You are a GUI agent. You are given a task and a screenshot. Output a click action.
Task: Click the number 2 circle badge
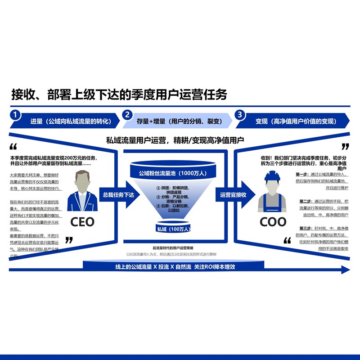click(x=128, y=115)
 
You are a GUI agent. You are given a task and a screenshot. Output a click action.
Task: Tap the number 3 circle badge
click(x=239, y=115)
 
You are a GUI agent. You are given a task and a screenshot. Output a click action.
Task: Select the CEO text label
click(x=82, y=221)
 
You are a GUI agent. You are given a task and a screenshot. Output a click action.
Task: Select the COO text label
click(x=273, y=221)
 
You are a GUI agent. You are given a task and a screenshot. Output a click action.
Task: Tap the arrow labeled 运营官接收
click(x=234, y=195)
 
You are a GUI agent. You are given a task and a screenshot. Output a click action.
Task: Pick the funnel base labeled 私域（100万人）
click(x=173, y=229)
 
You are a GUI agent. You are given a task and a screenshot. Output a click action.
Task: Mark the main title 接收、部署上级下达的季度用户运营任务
click(x=119, y=94)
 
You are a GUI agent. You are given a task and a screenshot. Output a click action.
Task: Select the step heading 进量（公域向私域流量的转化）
click(x=70, y=121)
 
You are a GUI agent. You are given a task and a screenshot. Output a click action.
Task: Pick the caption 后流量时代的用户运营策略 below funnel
click(x=173, y=248)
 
